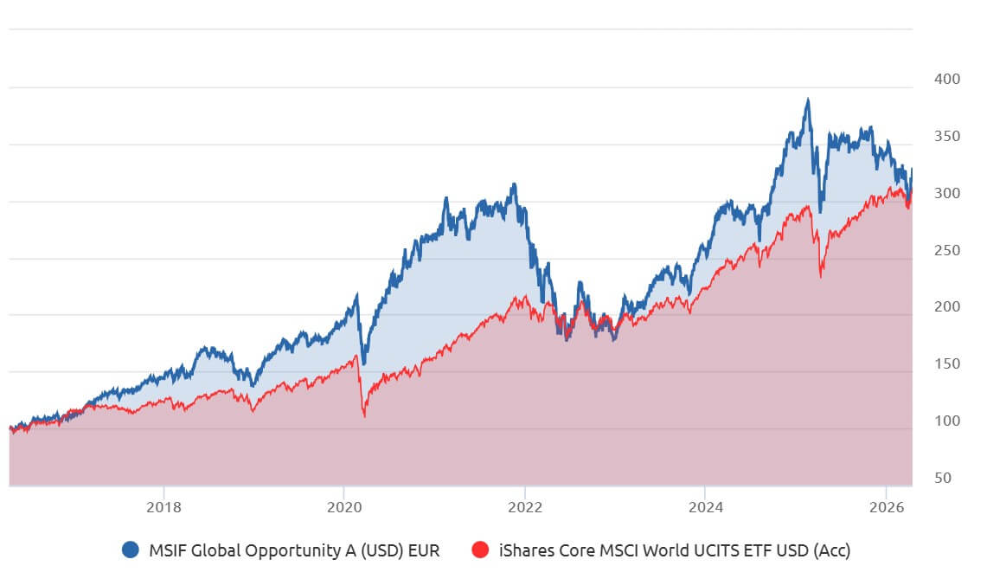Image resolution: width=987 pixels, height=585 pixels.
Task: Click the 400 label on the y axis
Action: point(947,79)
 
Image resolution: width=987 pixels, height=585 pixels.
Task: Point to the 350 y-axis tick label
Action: point(947,136)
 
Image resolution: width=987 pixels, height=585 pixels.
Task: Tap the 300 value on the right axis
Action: point(947,193)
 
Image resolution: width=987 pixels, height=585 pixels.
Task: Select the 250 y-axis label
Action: point(947,250)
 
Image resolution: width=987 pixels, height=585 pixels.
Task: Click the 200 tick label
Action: point(947,306)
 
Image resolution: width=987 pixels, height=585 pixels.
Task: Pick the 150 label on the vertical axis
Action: point(947,363)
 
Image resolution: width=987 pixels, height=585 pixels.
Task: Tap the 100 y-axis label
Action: point(947,421)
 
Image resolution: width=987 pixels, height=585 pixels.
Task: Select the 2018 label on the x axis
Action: point(163,506)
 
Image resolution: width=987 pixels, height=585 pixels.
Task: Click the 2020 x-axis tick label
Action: point(343,506)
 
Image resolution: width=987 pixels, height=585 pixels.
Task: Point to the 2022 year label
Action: point(524,506)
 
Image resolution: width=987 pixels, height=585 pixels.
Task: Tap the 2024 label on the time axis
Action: point(705,506)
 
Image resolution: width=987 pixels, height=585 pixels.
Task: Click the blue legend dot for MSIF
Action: point(131,550)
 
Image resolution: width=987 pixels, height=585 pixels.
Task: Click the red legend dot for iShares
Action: point(481,550)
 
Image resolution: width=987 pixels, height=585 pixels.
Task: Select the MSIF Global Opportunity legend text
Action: point(294,550)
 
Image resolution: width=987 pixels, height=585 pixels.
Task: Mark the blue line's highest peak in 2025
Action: point(808,100)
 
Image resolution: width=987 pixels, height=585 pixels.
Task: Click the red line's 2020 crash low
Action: point(364,416)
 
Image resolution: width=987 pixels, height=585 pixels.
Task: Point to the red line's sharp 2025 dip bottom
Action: point(821,277)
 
